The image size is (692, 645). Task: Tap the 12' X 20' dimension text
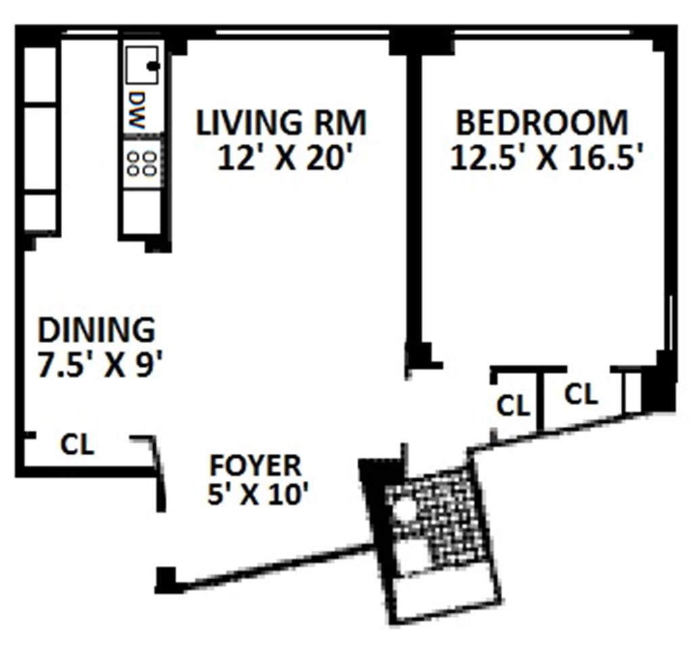click(x=287, y=159)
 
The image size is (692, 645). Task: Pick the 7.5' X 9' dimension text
click(x=101, y=365)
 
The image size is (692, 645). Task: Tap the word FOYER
click(x=255, y=465)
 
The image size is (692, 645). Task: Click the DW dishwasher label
click(x=137, y=110)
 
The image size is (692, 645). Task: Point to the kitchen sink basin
click(x=142, y=65)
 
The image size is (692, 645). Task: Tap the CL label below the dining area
click(x=77, y=444)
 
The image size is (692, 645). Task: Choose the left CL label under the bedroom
click(x=513, y=405)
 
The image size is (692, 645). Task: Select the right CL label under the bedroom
click(x=581, y=394)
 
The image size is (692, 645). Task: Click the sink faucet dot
click(x=153, y=66)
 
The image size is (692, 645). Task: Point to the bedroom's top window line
click(x=543, y=32)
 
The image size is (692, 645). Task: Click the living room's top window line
click(x=302, y=32)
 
